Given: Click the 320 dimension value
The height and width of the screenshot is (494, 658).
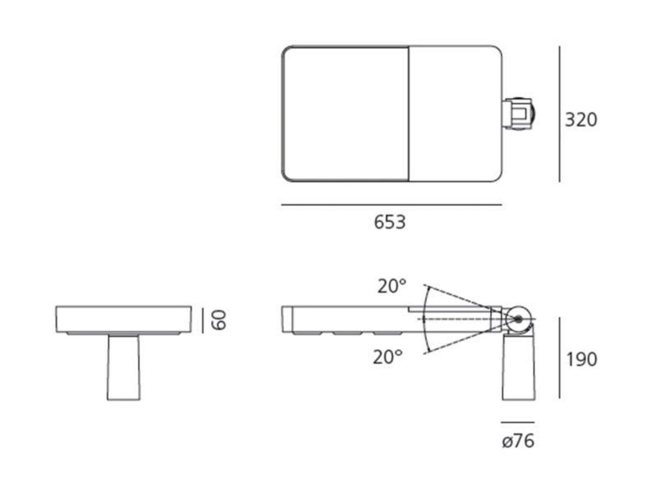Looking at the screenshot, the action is click(581, 120).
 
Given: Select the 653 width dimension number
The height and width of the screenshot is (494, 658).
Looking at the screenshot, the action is click(390, 222).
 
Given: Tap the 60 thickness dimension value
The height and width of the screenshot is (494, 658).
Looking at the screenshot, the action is click(219, 320).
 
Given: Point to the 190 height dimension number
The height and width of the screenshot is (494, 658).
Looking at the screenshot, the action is click(582, 360).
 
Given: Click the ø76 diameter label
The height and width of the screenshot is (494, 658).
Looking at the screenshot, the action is click(518, 441).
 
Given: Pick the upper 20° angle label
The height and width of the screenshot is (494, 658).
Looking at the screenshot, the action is click(392, 286).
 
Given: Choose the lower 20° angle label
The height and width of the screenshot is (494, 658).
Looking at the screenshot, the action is click(388, 357).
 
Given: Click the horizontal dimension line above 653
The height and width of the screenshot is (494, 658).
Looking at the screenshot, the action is click(392, 205).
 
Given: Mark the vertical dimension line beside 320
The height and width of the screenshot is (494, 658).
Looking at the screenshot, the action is click(560, 114).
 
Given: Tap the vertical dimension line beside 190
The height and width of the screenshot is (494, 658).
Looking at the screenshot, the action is click(560, 358).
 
